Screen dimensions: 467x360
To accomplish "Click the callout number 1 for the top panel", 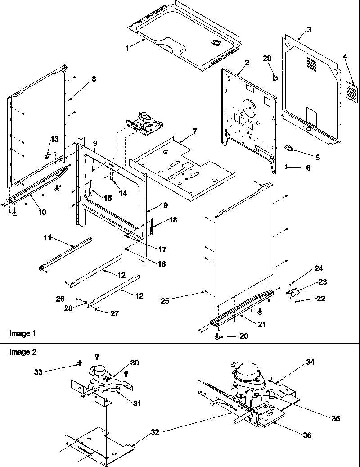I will click(127, 47).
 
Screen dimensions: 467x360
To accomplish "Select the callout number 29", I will click(267, 59).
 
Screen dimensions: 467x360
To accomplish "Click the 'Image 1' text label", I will click(22, 333).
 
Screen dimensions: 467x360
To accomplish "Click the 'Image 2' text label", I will click(22, 353).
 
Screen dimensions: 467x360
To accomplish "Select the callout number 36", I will click(306, 435).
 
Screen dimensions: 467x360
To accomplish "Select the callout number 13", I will click(54, 139).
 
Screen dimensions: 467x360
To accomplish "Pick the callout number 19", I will click(164, 205).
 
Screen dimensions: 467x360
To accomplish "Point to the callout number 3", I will click(308, 30).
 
